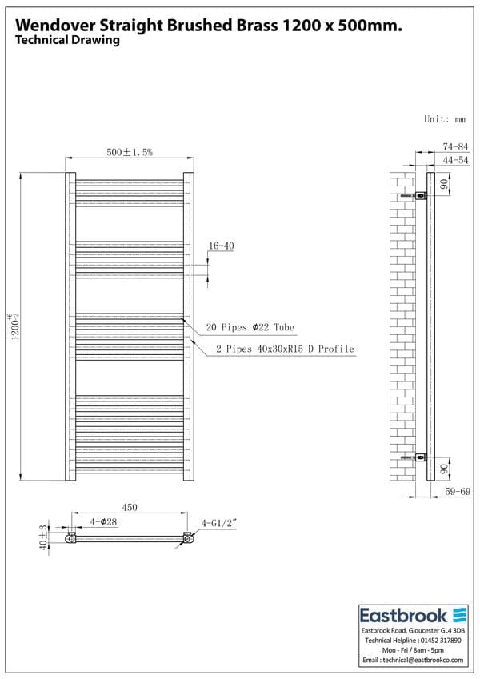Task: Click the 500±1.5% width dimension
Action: point(130,152)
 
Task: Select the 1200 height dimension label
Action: point(10,326)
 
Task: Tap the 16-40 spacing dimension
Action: point(221,246)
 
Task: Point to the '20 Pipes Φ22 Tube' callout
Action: point(250,327)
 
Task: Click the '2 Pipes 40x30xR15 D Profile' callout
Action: point(285,349)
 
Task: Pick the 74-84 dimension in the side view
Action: point(454,146)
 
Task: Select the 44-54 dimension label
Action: point(454,160)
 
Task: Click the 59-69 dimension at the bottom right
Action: point(456,492)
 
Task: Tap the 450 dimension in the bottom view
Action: point(130,507)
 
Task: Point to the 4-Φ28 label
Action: point(103,521)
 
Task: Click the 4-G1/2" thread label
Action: point(216,523)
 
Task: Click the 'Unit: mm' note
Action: point(444,119)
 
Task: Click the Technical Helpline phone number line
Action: point(413,641)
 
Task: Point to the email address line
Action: point(413,661)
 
